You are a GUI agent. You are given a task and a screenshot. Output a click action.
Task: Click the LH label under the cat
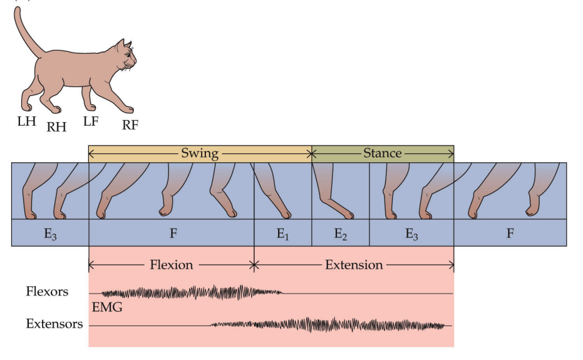(26, 121)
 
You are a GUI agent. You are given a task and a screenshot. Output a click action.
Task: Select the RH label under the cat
(56, 127)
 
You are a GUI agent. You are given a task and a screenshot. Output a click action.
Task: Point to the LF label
(91, 121)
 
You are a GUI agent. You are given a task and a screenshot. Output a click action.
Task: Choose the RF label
(130, 125)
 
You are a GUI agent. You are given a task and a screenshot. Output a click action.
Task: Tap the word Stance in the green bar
(382, 153)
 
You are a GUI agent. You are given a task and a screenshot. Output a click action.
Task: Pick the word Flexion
(171, 265)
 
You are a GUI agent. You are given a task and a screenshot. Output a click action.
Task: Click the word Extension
(354, 265)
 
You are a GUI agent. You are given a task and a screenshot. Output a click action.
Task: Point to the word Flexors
(47, 291)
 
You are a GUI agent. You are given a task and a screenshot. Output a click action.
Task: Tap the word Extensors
(54, 324)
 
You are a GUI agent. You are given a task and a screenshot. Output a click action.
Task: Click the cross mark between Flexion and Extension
(254, 265)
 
